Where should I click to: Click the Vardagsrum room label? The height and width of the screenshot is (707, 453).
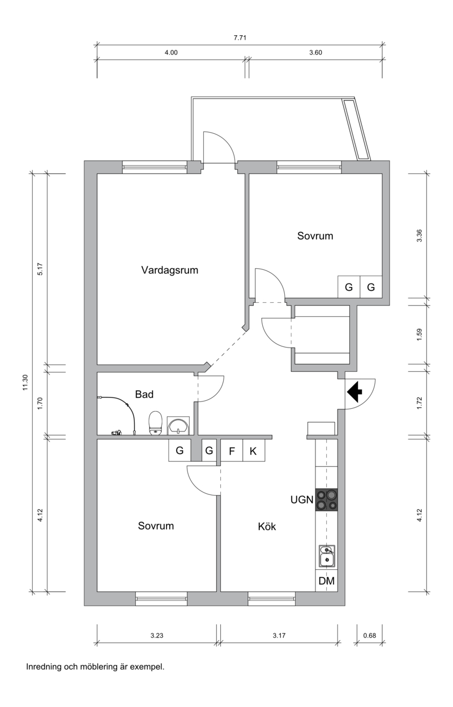(169, 270)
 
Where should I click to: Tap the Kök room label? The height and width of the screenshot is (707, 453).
(267, 526)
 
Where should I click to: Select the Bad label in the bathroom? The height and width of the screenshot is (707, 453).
(144, 393)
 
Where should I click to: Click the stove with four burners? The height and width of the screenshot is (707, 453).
(327, 499)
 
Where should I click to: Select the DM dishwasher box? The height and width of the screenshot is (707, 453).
(326, 581)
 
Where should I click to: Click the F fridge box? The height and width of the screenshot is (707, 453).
(231, 451)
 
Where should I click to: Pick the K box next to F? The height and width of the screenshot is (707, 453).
(253, 451)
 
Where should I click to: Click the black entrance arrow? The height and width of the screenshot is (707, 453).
(355, 392)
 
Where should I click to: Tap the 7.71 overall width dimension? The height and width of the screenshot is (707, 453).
(239, 38)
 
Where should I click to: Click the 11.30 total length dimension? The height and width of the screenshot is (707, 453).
(25, 383)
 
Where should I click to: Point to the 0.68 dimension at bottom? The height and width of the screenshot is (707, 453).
(369, 636)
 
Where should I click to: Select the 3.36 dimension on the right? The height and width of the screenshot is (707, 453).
(419, 235)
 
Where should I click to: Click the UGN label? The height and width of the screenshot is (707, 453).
(301, 500)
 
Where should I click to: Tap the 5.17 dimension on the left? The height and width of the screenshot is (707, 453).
(40, 270)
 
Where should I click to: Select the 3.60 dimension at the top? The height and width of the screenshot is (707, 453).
(315, 53)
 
